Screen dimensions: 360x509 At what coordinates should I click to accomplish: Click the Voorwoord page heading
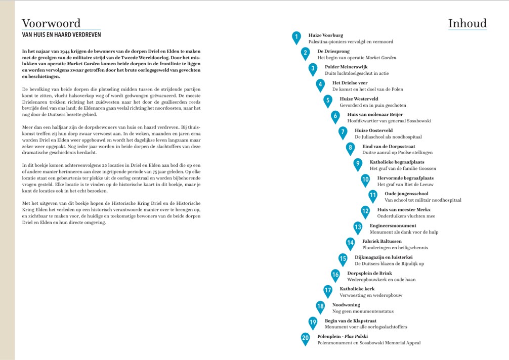51,24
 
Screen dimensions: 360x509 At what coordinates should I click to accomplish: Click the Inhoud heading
467,23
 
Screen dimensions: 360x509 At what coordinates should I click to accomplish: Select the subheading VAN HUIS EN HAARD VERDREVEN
61,35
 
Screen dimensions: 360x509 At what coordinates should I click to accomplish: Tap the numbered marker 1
296,36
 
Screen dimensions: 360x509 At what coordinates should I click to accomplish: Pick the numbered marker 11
372,195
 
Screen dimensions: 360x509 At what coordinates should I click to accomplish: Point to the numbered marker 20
305,338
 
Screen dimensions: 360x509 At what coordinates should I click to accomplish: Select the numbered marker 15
343,259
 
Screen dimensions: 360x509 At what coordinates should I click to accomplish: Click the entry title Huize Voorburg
325,35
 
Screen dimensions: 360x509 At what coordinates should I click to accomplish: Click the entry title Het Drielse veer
350,83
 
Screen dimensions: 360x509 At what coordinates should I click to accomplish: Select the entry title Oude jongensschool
406,194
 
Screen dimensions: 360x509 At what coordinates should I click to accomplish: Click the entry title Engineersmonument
393,226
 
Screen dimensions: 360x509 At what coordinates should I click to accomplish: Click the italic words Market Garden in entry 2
381,58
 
